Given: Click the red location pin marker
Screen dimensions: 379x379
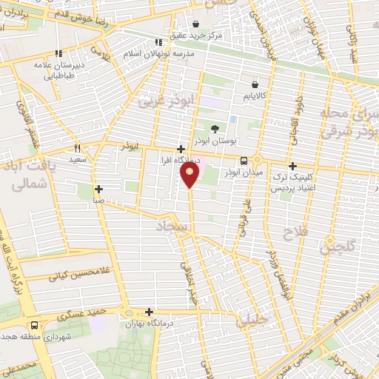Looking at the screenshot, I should pos(190,175).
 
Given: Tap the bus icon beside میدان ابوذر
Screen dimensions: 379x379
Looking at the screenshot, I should pos(244,161).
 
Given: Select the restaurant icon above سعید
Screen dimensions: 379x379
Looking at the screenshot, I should pos(76,147).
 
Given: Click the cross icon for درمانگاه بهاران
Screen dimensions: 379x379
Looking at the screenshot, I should pos(150,312).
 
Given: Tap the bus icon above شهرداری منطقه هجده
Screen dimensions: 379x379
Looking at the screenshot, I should pos(34,325).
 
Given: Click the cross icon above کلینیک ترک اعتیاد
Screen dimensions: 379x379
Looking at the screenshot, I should pos(294,167).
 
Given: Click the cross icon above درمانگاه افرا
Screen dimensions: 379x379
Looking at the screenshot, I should pos(181,148).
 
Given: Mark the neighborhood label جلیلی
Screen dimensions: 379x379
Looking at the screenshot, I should pos(249,321).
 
